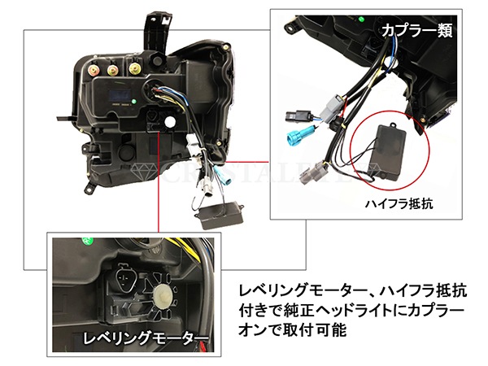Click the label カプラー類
point(416,31)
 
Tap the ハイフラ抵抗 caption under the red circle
point(399,204)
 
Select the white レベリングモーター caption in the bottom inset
point(146,338)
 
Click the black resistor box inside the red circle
point(388,154)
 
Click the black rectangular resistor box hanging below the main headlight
point(220,215)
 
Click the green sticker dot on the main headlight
point(134,102)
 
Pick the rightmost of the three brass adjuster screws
point(135,69)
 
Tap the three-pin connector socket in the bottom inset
point(125,275)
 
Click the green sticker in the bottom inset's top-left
point(88,241)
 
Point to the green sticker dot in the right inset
point(361,20)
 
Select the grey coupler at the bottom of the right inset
point(312,174)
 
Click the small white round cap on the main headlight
point(170,122)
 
